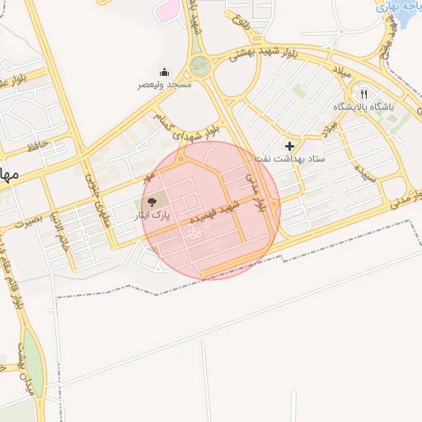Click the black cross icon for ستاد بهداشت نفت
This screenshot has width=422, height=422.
(x=288, y=145)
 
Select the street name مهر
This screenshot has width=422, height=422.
(x=148, y=177)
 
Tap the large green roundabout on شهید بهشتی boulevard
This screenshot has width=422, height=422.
(x=200, y=67)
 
